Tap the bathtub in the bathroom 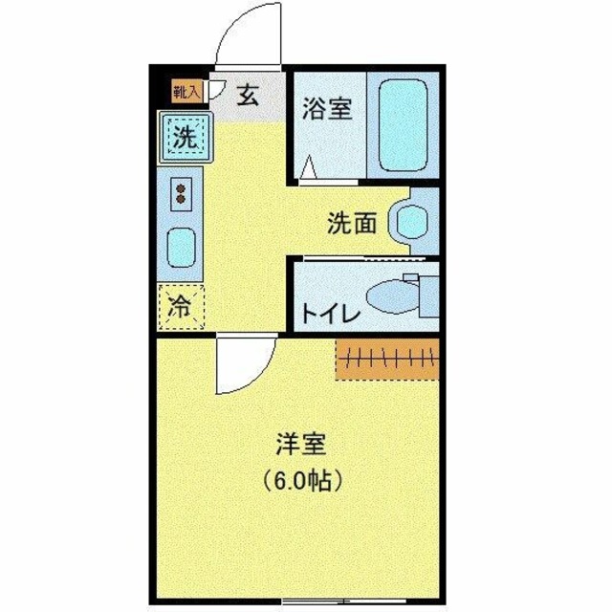[403, 124]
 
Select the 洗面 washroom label [350, 224]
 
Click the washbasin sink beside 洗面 [410, 224]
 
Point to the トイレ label [330, 314]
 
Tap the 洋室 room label [301, 445]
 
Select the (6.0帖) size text [302, 481]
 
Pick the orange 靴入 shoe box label [187, 92]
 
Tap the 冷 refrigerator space [180, 308]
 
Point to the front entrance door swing [247, 43]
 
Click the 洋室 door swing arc [239, 368]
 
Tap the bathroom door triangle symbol [308, 168]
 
